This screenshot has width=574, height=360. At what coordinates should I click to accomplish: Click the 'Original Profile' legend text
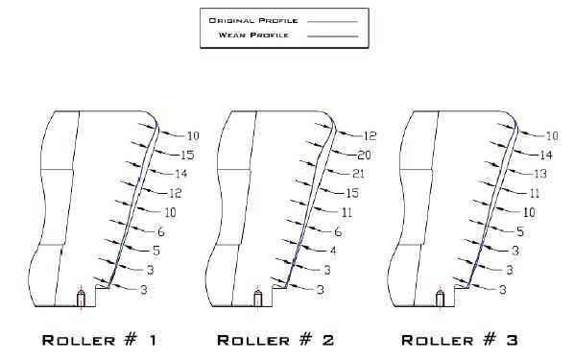[253, 20]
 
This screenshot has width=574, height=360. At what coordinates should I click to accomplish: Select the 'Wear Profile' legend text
[253, 36]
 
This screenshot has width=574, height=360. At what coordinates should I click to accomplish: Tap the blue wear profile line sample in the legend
[332, 36]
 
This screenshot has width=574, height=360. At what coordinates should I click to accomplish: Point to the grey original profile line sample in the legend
[332, 22]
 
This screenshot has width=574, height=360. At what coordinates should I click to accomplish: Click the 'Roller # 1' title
[100, 340]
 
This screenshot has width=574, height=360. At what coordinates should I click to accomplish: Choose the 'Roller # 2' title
[275, 340]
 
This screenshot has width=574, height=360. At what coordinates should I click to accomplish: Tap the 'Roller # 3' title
[460, 340]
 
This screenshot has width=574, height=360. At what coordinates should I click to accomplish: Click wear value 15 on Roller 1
[187, 155]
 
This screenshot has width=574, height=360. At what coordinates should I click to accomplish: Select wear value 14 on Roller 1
[181, 174]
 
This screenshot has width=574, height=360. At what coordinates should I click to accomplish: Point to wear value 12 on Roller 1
[176, 193]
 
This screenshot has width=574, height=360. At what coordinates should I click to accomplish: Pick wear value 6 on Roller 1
[161, 231]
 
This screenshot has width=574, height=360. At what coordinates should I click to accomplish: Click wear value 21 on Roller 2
[359, 174]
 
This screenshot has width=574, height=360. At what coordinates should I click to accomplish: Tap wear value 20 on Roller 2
[364, 155]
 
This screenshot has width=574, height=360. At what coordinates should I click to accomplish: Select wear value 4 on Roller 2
[333, 251]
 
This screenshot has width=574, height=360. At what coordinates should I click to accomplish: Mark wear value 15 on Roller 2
[352, 193]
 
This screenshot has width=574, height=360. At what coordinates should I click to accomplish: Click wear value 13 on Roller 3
[540, 174]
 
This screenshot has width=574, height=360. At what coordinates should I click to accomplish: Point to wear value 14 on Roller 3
[546, 155]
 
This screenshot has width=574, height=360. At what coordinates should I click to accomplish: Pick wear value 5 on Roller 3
[520, 231]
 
